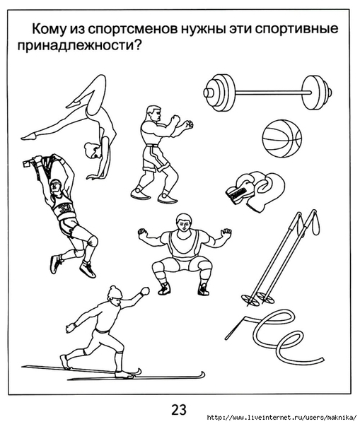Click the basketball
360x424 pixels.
coord(281,139)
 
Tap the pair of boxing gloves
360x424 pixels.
coord(255,190)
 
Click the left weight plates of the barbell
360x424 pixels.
coord(219,93)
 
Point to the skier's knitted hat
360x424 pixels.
coord(115,293)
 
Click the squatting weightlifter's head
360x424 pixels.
coord(184,223)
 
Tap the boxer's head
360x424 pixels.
coord(153,114)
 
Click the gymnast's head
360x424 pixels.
coord(92,151)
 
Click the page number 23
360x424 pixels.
coord(179,410)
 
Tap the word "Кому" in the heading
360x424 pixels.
coord(49,28)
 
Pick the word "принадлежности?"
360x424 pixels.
coord(80,46)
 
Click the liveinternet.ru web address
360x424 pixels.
coord(282,417)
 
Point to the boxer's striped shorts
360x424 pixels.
coord(154,158)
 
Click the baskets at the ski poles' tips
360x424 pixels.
coord(257,298)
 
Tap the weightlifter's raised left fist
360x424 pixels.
coord(142,232)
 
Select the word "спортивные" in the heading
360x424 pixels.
coord(296,29)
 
